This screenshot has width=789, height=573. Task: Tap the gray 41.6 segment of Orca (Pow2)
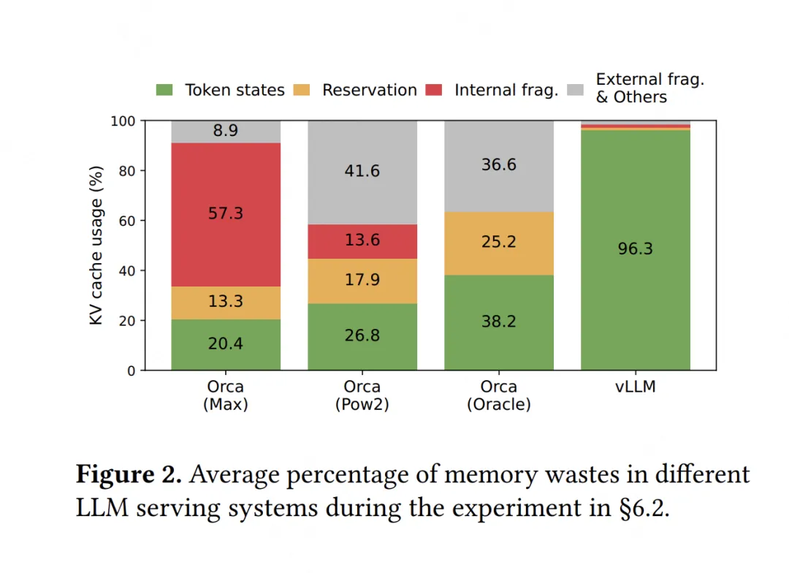pyautogui.click(x=362, y=172)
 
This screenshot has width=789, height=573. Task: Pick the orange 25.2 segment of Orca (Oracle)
pyautogui.click(x=499, y=243)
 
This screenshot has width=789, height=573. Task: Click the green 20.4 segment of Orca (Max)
pyautogui.click(x=226, y=344)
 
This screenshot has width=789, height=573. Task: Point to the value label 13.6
pyautogui.click(x=362, y=240)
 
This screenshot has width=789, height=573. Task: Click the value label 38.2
pyautogui.click(x=499, y=322)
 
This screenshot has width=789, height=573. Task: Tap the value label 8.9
pyautogui.click(x=226, y=132)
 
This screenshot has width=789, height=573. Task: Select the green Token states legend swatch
pyautogui.click(x=165, y=90)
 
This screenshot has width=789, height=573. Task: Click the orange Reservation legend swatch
pyautogui.click(x=302, y=90)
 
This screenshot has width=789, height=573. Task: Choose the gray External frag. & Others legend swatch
pyautogui.click(x=576, y=90)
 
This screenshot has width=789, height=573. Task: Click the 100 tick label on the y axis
pyautogui.click(x=123, y=121)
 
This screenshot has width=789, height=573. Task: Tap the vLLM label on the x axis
pyautogui.click(x=636, y=387)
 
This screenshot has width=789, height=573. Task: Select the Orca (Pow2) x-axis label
pyautogui.click(x=362, y=395)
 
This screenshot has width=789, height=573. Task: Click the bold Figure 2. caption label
pyautogui.click(x=129, y=475)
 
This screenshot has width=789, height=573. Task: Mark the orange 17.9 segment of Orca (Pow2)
pyautogui.click(x=362, y=281)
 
